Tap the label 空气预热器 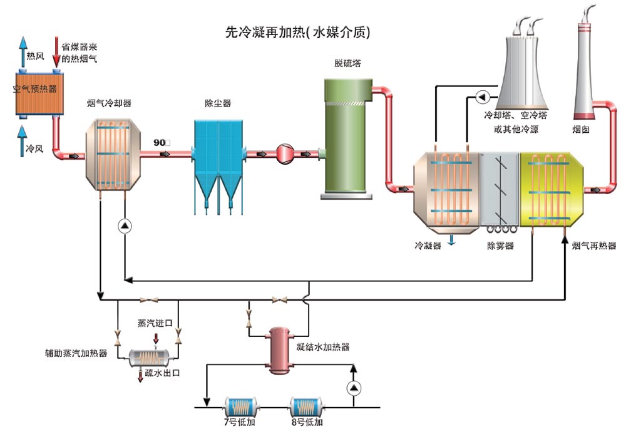tap(35, 89)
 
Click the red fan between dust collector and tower tap(285, 153)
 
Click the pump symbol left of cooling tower tap(482, 98)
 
